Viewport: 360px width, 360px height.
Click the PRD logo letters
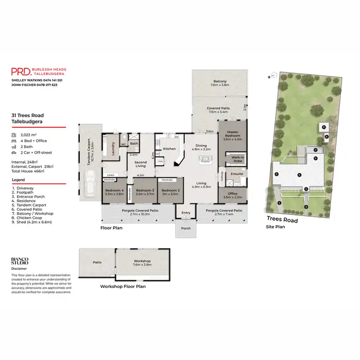point(21,72)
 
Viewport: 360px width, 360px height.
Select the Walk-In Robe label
point(237,159)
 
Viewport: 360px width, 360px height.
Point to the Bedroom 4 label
point(114,191)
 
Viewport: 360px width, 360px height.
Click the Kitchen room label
point(169,149)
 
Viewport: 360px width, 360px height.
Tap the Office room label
point(232,193)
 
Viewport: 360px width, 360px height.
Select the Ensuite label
point(237,173)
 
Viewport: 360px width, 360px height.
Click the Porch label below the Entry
point(185,228)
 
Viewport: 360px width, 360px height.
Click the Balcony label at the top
point(220,82)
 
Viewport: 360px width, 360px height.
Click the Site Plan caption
point(276,227)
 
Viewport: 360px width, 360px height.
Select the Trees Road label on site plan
point(283,220)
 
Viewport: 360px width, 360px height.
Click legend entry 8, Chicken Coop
point(26,217)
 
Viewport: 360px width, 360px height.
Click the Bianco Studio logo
point(20,261)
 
